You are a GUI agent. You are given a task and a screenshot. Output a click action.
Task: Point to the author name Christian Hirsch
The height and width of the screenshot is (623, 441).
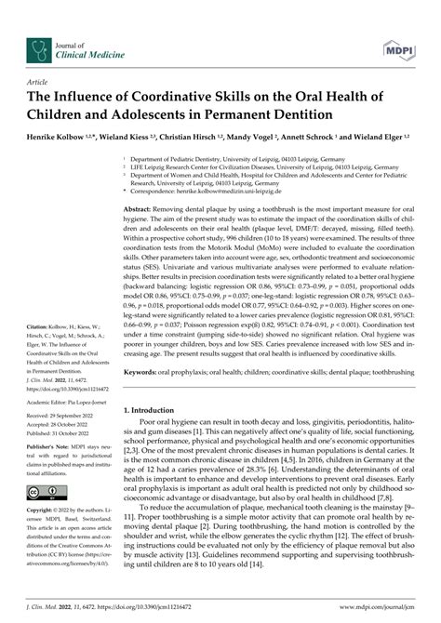point(190,136)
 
